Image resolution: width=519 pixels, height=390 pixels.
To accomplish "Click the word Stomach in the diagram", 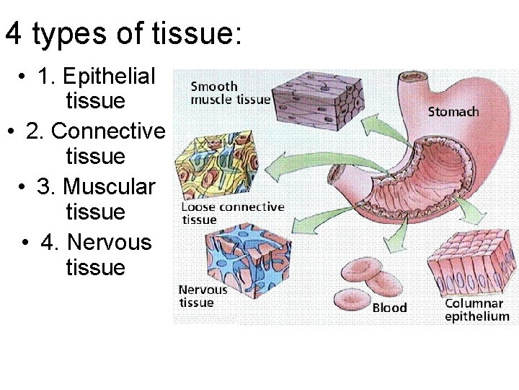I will (x=453, y=111).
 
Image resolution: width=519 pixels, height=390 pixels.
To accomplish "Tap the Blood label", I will (x=389, y=308).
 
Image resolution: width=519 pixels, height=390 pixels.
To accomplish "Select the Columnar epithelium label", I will (x=476, y=310).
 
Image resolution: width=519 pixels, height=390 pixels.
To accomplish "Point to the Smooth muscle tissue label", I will (x=230, y=93).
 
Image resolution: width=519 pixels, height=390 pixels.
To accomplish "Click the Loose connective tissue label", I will (x=231, y=213).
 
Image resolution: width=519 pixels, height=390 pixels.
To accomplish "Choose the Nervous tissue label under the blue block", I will (x=203, y=296).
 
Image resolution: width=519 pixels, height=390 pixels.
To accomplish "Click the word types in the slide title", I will (x=80, y=35).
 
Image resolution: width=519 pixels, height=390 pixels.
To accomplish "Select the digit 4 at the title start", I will (x=13, y=35).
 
